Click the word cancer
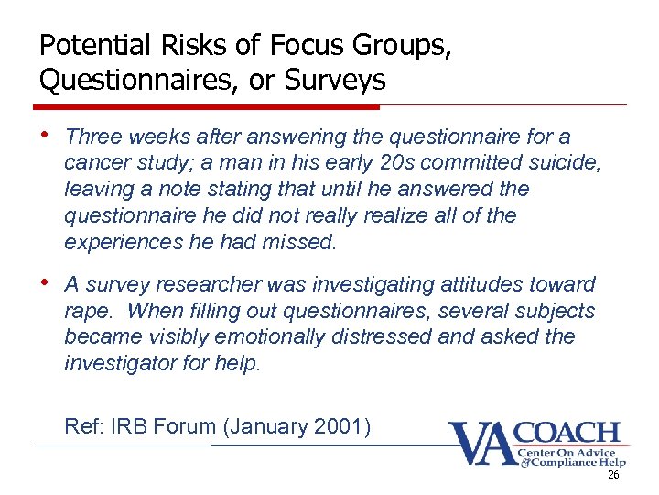pyautogui.click(x=93, y=164)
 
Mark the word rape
pyautogui.click(x=86, y=312)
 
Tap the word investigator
pyautogui.click(x=118, y=364)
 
